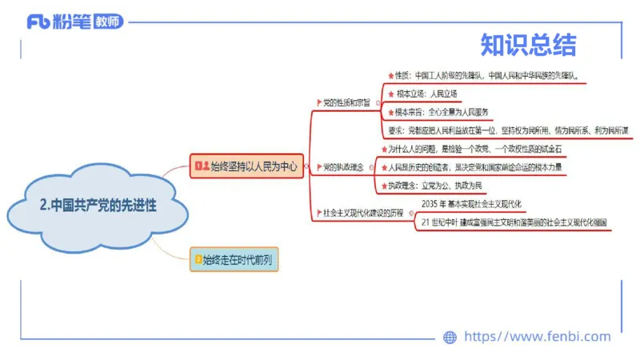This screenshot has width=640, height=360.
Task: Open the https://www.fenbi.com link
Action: [537, 337]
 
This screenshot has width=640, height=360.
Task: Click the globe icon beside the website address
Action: [450, 337]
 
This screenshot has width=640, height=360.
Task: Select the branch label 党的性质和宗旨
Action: [346, 103]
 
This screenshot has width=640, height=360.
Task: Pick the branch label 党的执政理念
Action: [342, 167]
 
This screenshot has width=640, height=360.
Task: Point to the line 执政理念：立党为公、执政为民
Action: [436, 184]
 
